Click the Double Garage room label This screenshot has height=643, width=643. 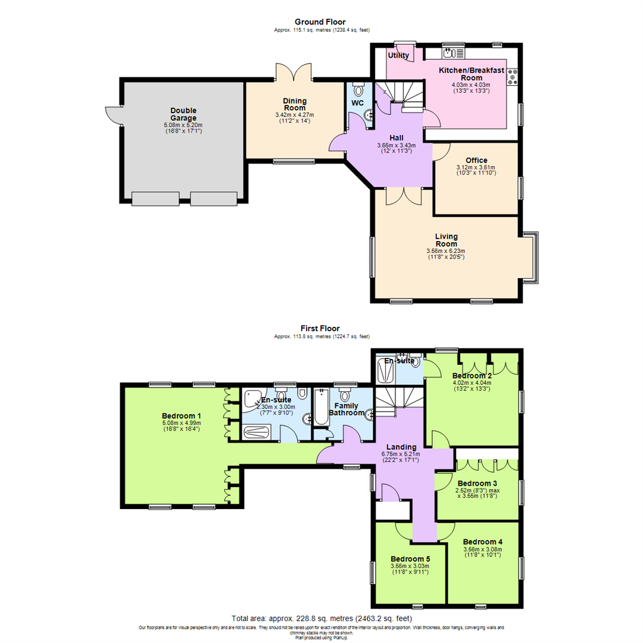(x=183, y=114)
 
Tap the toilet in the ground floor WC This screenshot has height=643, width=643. (x=358, y=90)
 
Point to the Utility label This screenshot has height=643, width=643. (x=399, y=55)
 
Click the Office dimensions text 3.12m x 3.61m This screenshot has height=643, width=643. (x=476, y=167)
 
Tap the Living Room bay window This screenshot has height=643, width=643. (x=533, y=255)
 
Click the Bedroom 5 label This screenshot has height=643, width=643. (x=410, y=559)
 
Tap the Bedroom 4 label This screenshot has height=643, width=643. (x=483, y=542)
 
